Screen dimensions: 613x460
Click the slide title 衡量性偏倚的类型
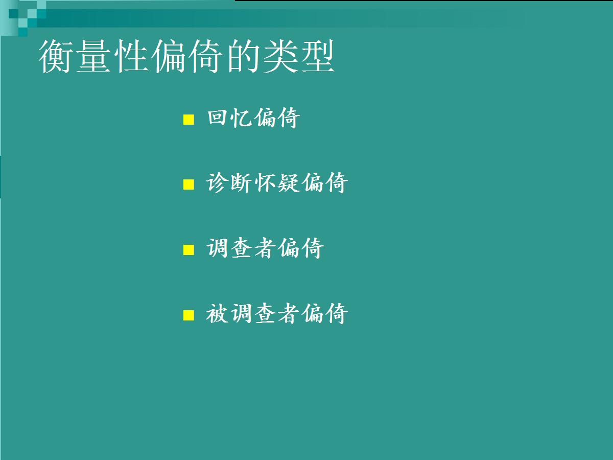(x=186, y=56)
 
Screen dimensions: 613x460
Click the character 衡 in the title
(x=56, y=56)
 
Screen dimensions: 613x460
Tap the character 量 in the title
(x=93, y=56)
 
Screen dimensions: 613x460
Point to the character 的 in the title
(x=244, y=56)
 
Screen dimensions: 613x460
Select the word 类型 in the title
(x=298, y=56)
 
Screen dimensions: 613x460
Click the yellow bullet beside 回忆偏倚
(x=188, y=120)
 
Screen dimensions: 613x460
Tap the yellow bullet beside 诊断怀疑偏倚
(x=188, y=185)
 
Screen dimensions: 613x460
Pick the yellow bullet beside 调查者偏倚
(x=188, y=250)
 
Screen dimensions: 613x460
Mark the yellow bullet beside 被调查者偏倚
(x=188, y=315)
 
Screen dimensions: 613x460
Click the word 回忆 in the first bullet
(x=229, y=118)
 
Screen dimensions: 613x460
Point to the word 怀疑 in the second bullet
(x=277, y=182)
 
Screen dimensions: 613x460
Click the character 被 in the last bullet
(x=217, y=314)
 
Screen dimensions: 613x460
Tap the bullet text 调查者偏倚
(x=265, y=248)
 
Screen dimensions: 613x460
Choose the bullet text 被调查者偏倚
(x=277, y=314)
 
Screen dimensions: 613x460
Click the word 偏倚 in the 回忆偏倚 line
(x=277, y=118)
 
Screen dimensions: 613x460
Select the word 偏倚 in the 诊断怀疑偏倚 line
(x=325, y=182)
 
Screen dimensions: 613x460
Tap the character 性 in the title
(x=131, y=56)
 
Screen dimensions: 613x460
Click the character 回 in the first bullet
(x=217, y=118)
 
